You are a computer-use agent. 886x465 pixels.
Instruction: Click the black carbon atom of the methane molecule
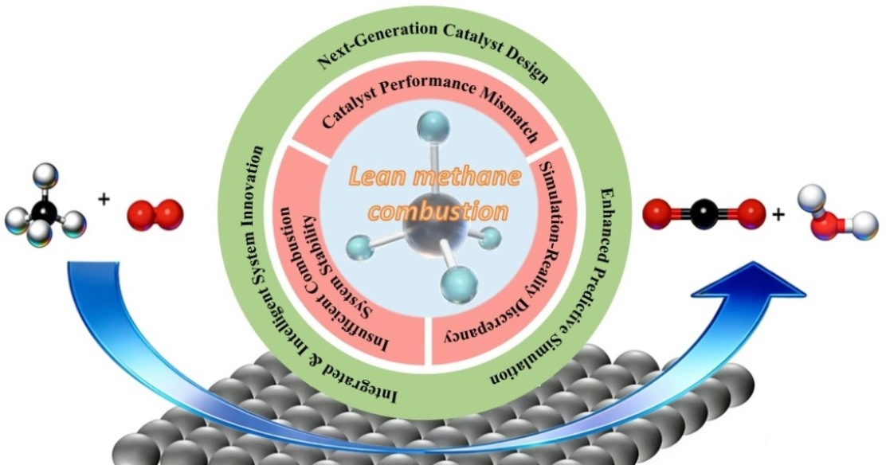click(x=49, y=211)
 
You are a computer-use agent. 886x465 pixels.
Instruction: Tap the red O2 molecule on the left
click(x=155, y=213)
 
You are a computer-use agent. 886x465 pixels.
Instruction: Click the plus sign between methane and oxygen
click(x=104, y=199)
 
